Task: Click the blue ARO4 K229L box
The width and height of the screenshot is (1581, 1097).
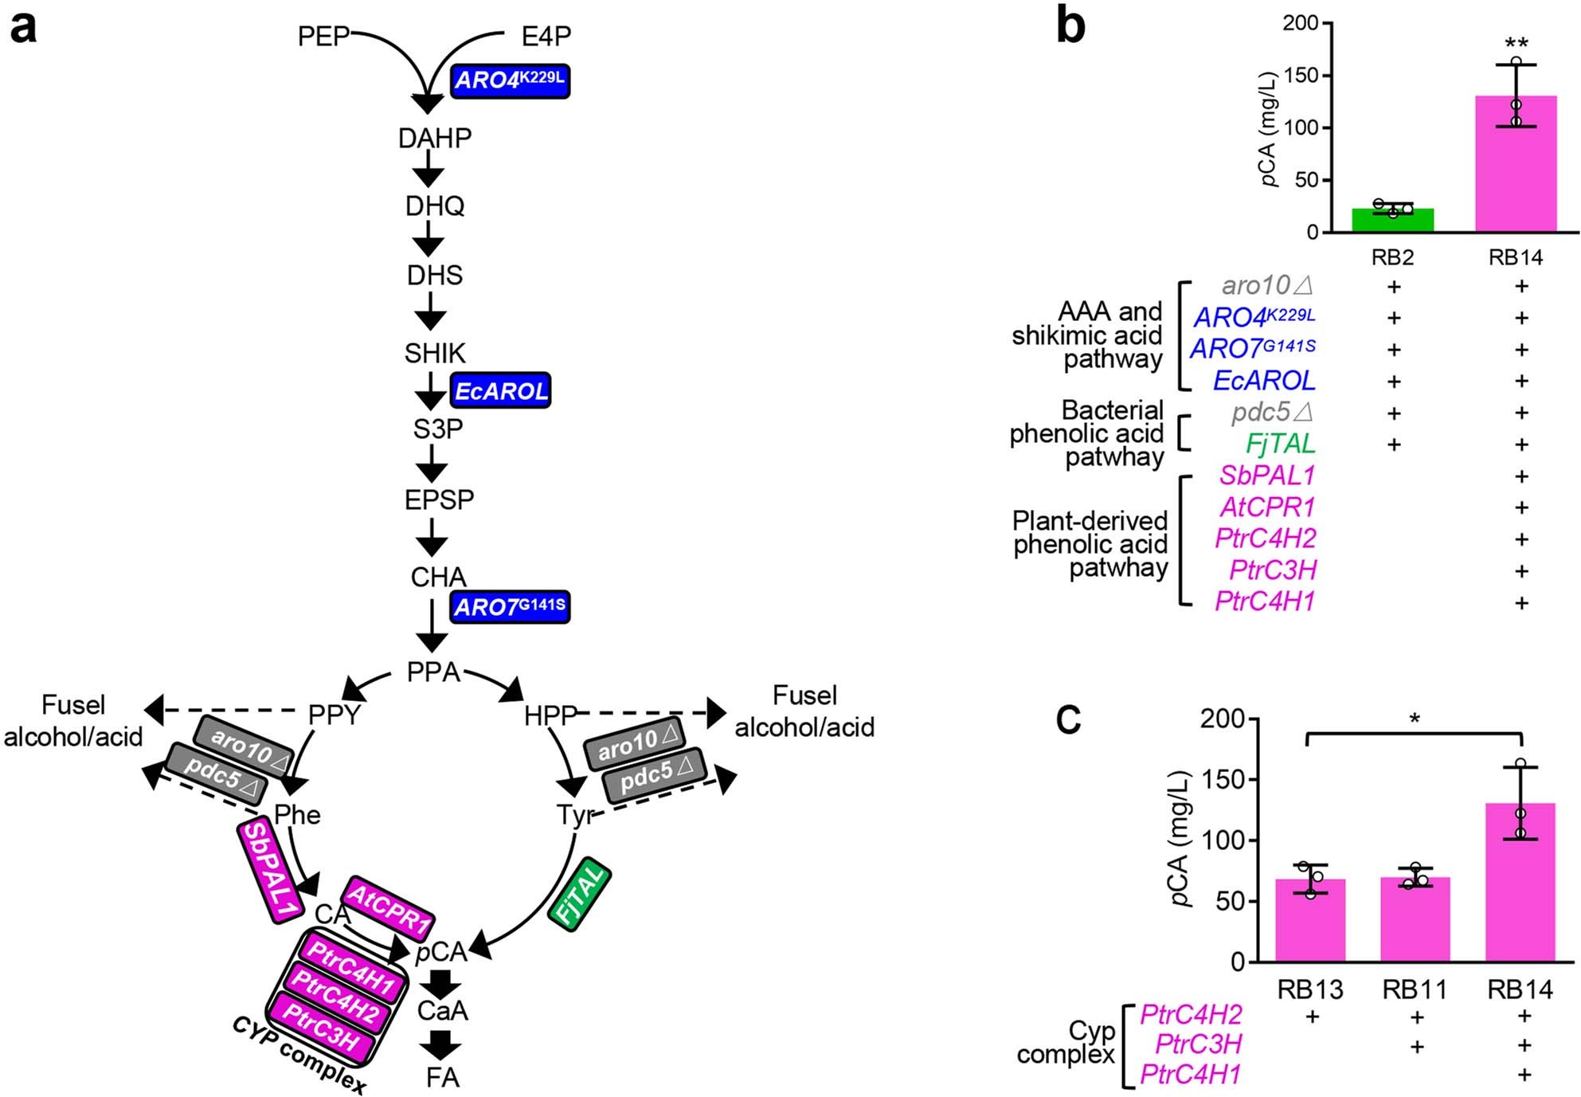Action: (x=510, y=80)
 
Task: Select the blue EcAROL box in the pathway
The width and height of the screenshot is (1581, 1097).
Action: (x=501, y=390)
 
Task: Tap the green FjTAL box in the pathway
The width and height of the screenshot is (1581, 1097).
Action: (x=580, y=893)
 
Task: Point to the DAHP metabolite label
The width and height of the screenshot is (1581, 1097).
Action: (x=434, y=138)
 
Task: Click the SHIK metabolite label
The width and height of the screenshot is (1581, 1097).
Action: (x=434, y=353)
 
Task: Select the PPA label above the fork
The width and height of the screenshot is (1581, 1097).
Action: (x=433, y=672)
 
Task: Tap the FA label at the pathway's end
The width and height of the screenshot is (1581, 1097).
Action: (x=442, y=1077)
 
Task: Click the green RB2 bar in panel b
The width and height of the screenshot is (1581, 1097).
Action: (x=1392, y=221)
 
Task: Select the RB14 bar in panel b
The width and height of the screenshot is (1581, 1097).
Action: (x=1515, y=167)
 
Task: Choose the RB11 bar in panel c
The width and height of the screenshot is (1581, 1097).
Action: (x=1415, y=920)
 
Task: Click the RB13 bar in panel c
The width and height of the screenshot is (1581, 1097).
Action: (x=1309, y=922)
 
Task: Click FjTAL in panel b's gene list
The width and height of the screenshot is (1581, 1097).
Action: (x=1280, y=444)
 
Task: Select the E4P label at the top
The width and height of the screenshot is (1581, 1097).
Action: (x=546, y=36)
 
